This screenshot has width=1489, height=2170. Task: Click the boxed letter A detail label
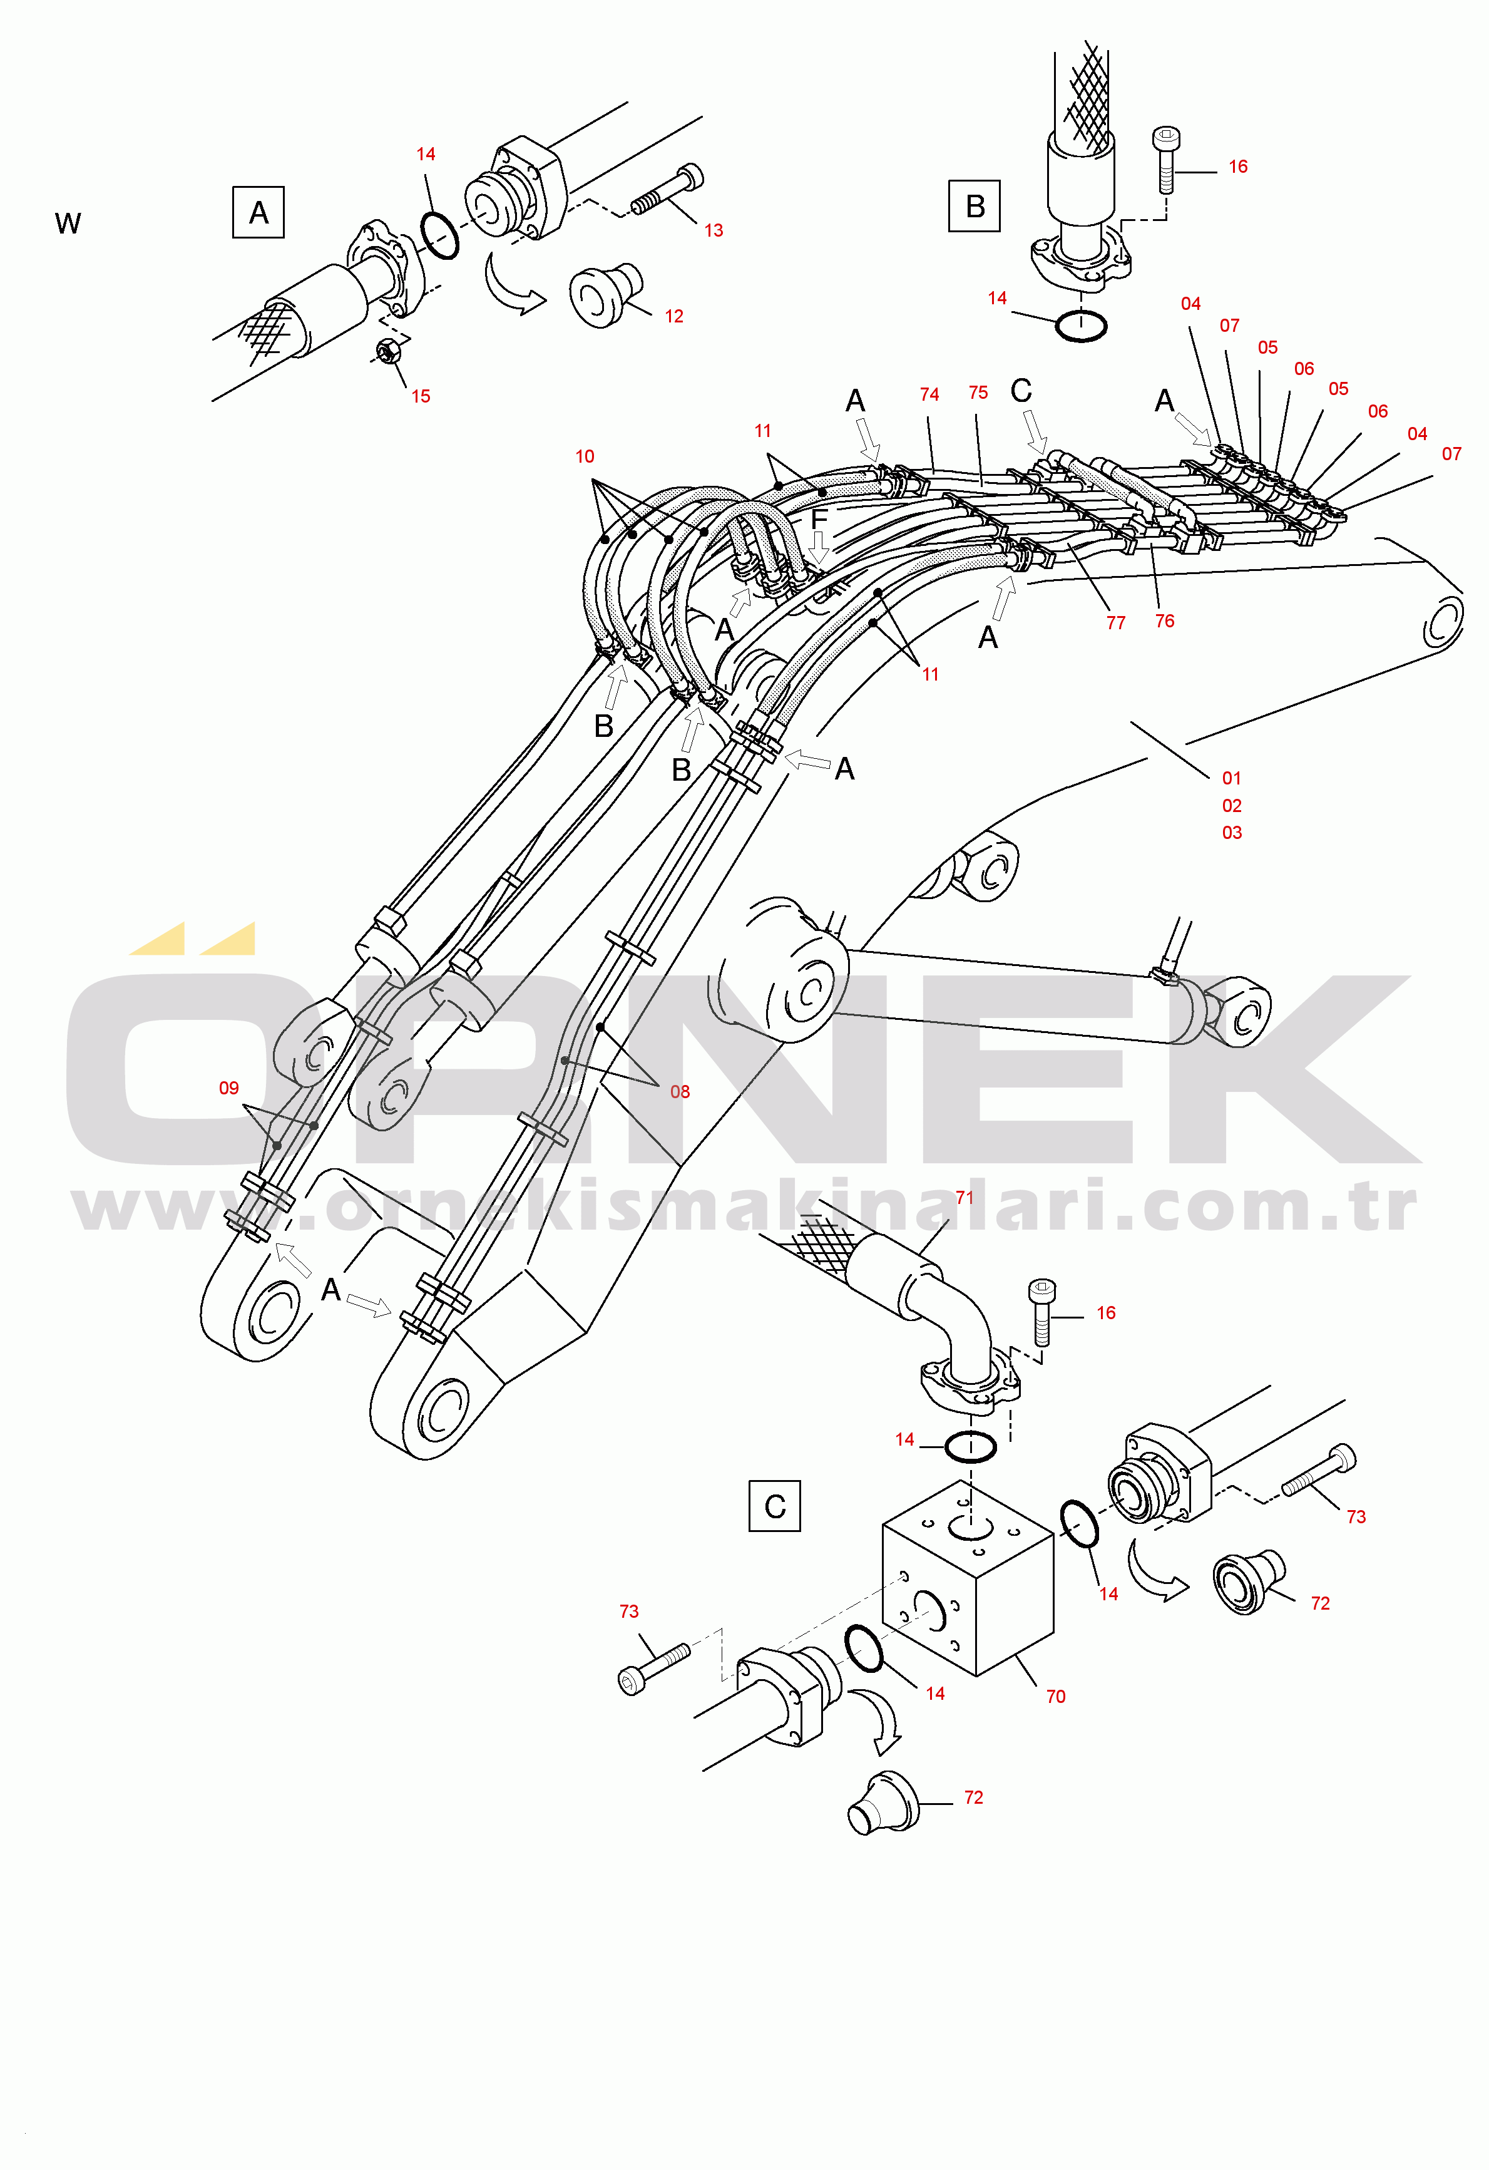pyautogui.click(x=258, y=212)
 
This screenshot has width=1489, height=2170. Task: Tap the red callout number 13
pyautogui.click(x=714, y=230)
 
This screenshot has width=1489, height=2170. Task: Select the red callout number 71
pyautogui.click(x=965, y=1197)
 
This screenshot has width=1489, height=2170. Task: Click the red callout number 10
pyautogui.click(x=585, y=456)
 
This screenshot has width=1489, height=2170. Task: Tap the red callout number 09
pyautogui.click(x=228, y=1088)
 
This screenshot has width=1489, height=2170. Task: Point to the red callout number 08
pyautogui.click(x=680, y=1091)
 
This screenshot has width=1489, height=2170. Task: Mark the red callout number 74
pyautogui.click(x=929, y=394)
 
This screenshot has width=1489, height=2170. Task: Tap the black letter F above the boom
pyautogui.click(x=819, y=519)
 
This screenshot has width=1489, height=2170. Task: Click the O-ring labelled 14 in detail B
pyautogui.click(x=1081, y=326)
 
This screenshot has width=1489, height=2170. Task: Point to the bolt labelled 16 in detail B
pyautogui.click(x=1165, y=159)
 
